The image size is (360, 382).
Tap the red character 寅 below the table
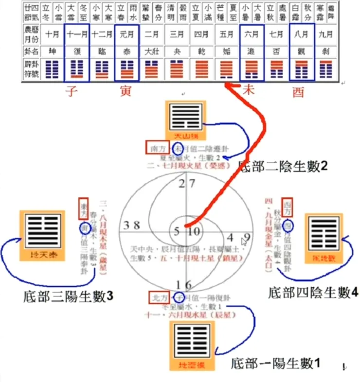126,91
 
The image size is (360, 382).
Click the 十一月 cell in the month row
76,35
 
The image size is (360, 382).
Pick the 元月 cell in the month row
126,35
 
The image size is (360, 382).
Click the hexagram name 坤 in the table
51,50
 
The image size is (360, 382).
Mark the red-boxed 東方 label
83,208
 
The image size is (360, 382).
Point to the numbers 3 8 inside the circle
132,225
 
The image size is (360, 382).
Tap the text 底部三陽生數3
68,295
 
